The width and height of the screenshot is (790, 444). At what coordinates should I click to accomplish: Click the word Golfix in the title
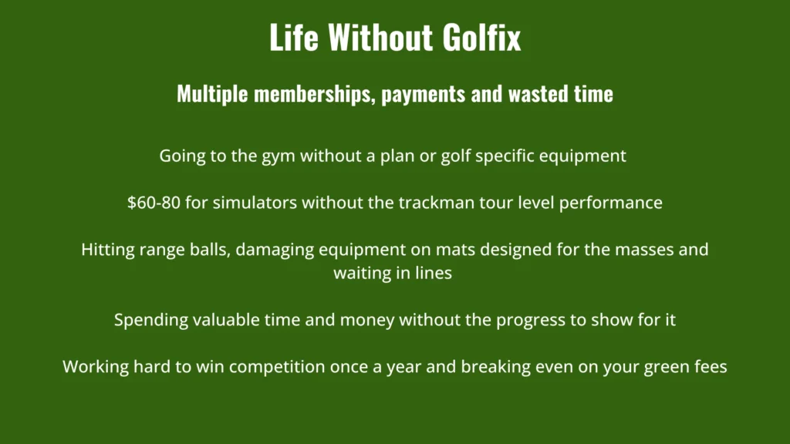(x=481, y=37)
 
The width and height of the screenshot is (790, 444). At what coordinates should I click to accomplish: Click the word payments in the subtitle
(x=424, y=95)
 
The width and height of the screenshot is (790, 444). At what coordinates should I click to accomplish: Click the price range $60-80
(x=154, y=203)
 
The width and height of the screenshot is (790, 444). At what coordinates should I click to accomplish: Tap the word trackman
(x=437, y=203)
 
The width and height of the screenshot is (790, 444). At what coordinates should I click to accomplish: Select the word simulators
(x=255, y=203)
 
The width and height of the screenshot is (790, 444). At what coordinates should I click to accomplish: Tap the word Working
(x=96, y=367)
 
